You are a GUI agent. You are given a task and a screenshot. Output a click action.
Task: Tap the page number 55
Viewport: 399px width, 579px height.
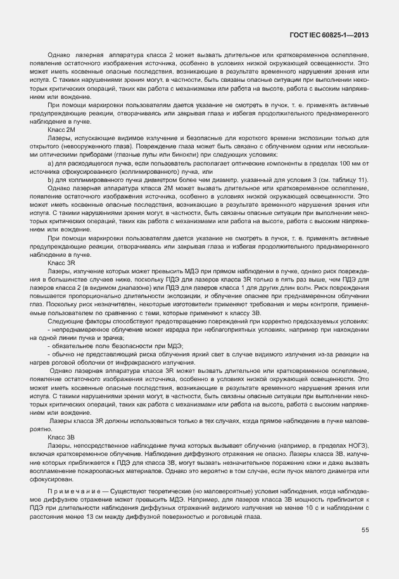point(365,530)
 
